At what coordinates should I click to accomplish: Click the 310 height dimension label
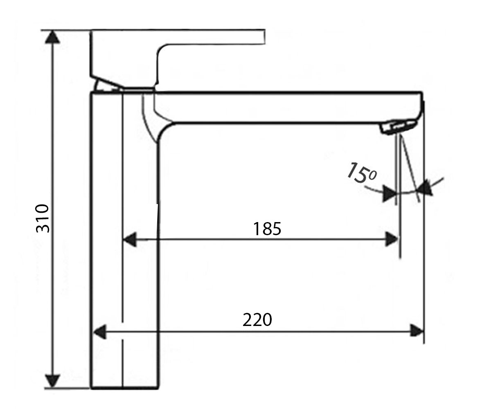click(x=43, y=218)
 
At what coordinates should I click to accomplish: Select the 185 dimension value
click(x=267, y=229)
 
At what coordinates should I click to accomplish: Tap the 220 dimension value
click(x=257, y=320)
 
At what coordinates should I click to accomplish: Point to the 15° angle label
click(x=361, y=173)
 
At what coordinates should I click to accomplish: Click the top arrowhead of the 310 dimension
click(x=52, y=37)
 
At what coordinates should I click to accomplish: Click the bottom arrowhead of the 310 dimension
click(x=52, y=380)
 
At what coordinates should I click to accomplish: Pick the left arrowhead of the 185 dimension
click(x=130, y=240)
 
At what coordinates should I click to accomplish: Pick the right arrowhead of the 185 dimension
click(x=392, y=239)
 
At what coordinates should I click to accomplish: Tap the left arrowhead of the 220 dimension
click(x=99, y=332)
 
